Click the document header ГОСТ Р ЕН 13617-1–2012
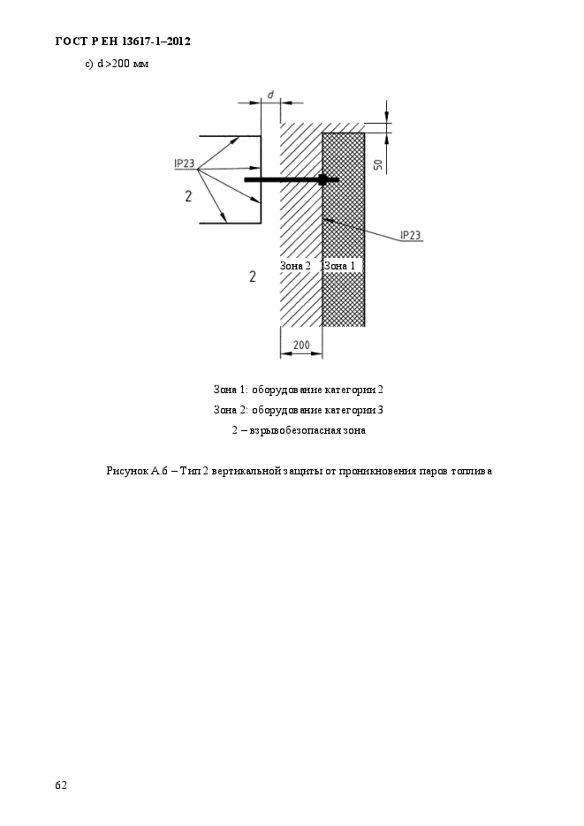pyautogui.click(x=123, y=42)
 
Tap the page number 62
pyautogui.click(x=61, y=784)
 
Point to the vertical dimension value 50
pyautogui.click(x=377, y=164)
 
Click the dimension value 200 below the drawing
pyautogui.click(x=300, y=345)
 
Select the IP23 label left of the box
pyautogui.click(x=185, y=163)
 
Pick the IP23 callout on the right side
pyautogui.click(x=410, y=235)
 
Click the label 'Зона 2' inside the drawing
pyautogui.click(x=295, y=266)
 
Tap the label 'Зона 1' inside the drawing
pyautogui.click(x=340, y=266)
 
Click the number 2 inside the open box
pyautogui.click(x=188, y=196)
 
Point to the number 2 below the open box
pyautogui.click(x=252, y=277)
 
